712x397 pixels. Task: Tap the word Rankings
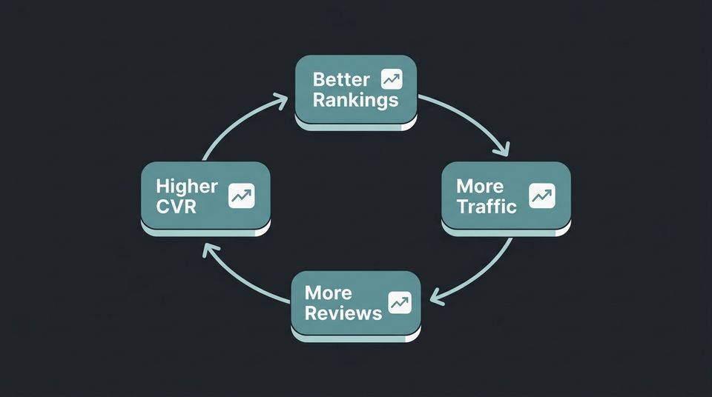point(355,100)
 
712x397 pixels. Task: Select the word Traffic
point(487,207)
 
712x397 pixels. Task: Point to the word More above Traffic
point(480,186)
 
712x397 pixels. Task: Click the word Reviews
point(343,313)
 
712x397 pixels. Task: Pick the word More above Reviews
point(329,292)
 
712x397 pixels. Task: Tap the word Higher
point(187,186)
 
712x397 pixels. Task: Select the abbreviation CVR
point(177,207)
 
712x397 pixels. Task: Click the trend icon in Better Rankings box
point(391,79)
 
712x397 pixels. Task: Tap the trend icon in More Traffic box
point(541,196)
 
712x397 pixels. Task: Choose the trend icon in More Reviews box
point(400,302)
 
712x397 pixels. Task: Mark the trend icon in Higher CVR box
point(241,196)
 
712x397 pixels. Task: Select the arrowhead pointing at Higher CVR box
point(209,247)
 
